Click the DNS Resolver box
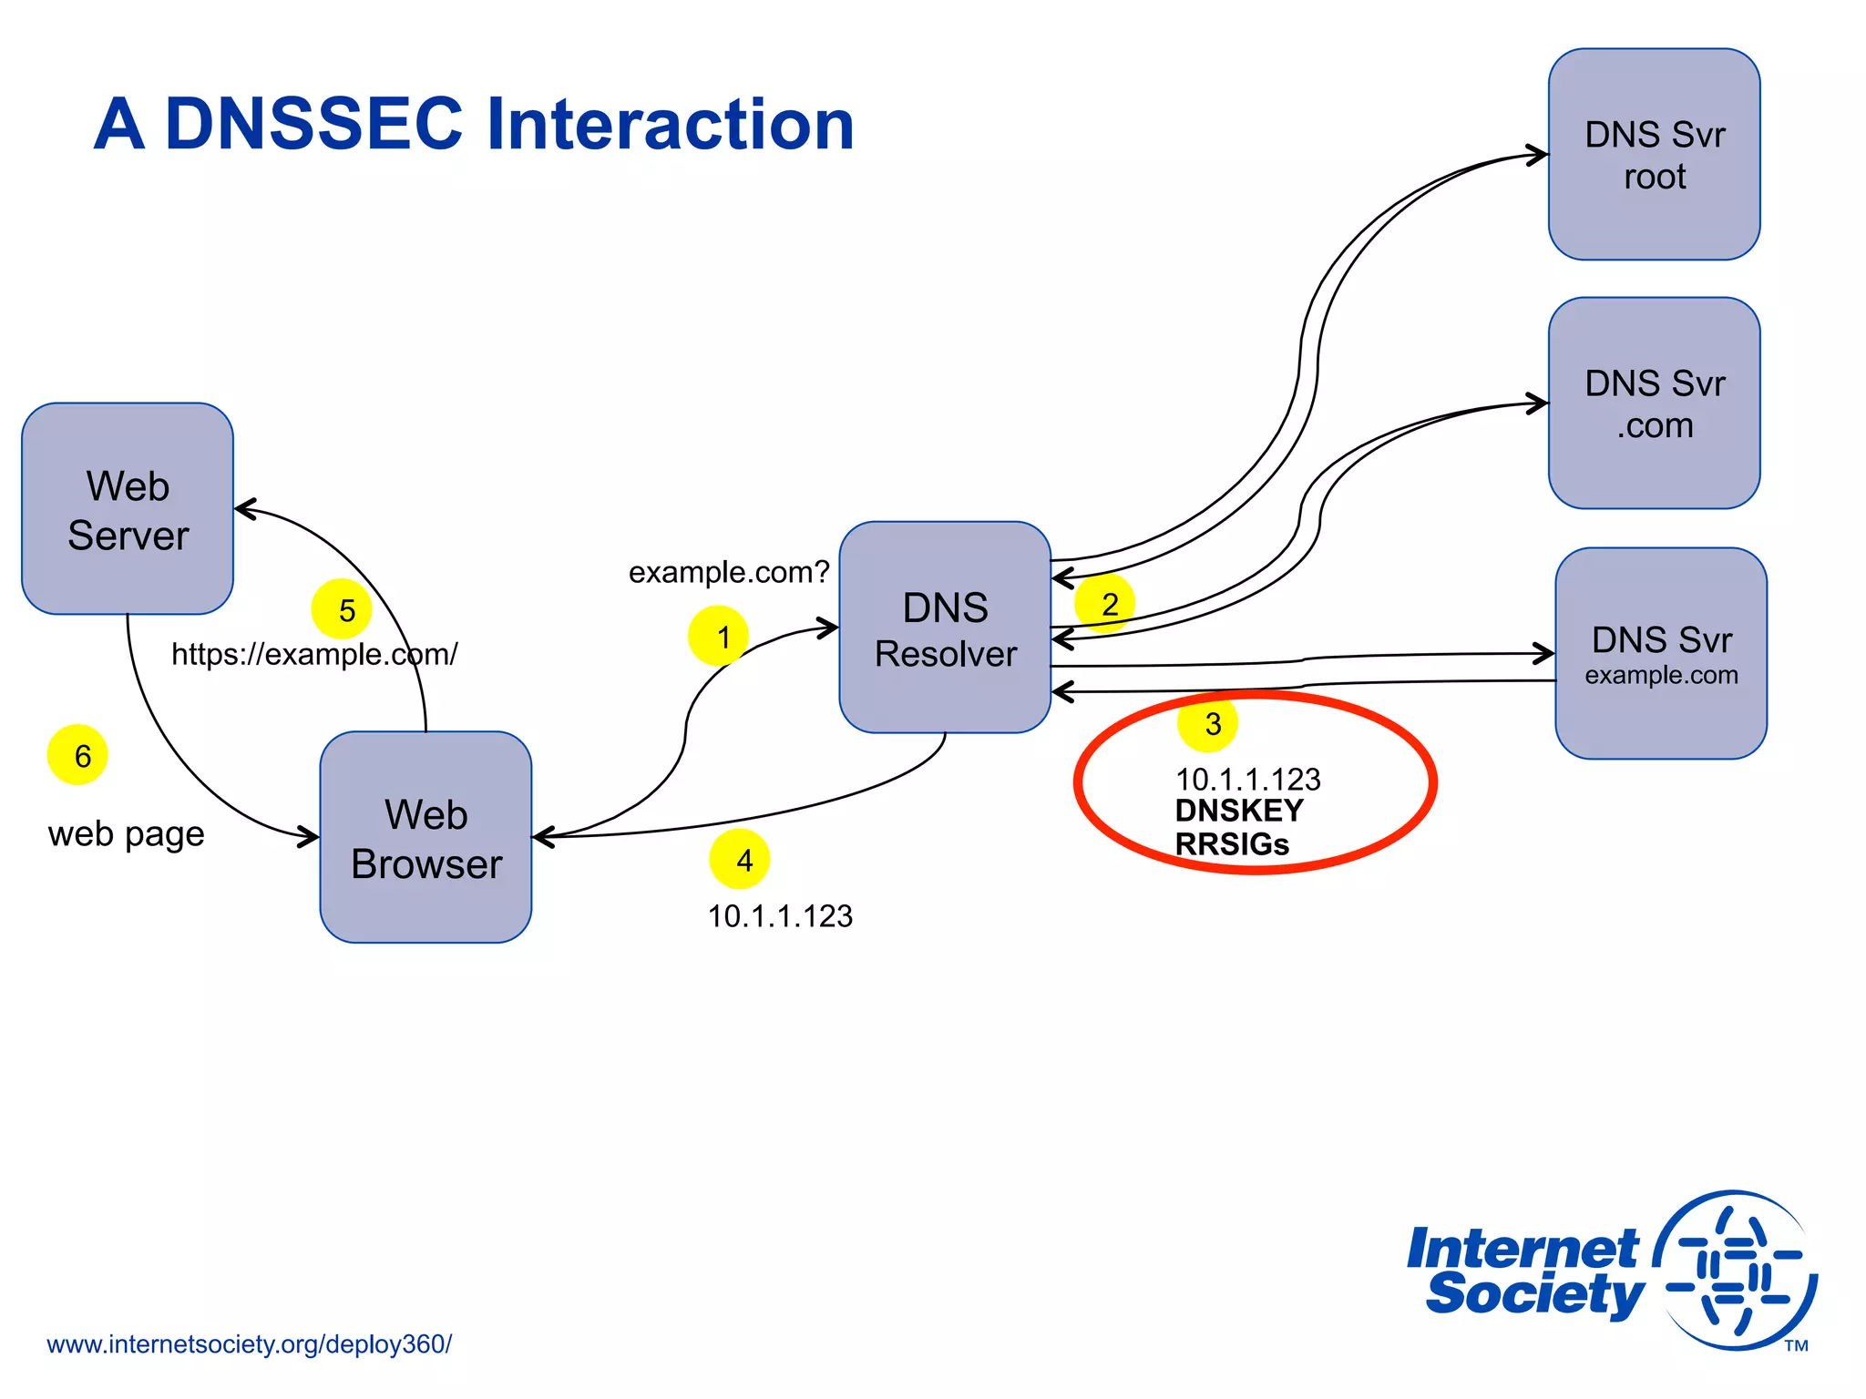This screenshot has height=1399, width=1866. [x=945, y=628]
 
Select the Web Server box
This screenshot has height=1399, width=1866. [x=128, y=510]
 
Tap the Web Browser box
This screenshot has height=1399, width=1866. [x=425, y=838]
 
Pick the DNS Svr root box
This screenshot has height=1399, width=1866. [x=1654, y=155]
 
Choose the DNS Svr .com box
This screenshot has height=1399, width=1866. [x=1654, y=403]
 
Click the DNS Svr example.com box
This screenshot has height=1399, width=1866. [x=1660, y=654]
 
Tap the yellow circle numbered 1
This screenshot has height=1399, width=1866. [x=719, y=636]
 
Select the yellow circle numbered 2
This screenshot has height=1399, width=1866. [x=1105, y=603]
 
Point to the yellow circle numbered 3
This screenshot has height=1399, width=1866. [x=1208, y=723]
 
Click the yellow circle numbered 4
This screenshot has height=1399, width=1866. [x=740, y=859]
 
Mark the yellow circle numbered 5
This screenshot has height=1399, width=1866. [x=342, y=608]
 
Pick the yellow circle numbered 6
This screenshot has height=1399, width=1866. [x=77, y=755]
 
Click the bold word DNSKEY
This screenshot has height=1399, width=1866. [x=1239, y=811]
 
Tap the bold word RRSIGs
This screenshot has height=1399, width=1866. [x=1232, y=844]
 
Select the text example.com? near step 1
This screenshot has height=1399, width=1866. [x=729, y=572]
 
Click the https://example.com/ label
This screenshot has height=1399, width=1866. [x=314, y=654]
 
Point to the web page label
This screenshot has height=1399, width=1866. [x=126, y=833]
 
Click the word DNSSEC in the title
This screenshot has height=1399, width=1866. [x=314, y=124]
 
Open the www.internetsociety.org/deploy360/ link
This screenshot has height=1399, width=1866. [x=249, y=1344]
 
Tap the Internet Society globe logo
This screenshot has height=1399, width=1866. [x=1736, y=1271]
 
